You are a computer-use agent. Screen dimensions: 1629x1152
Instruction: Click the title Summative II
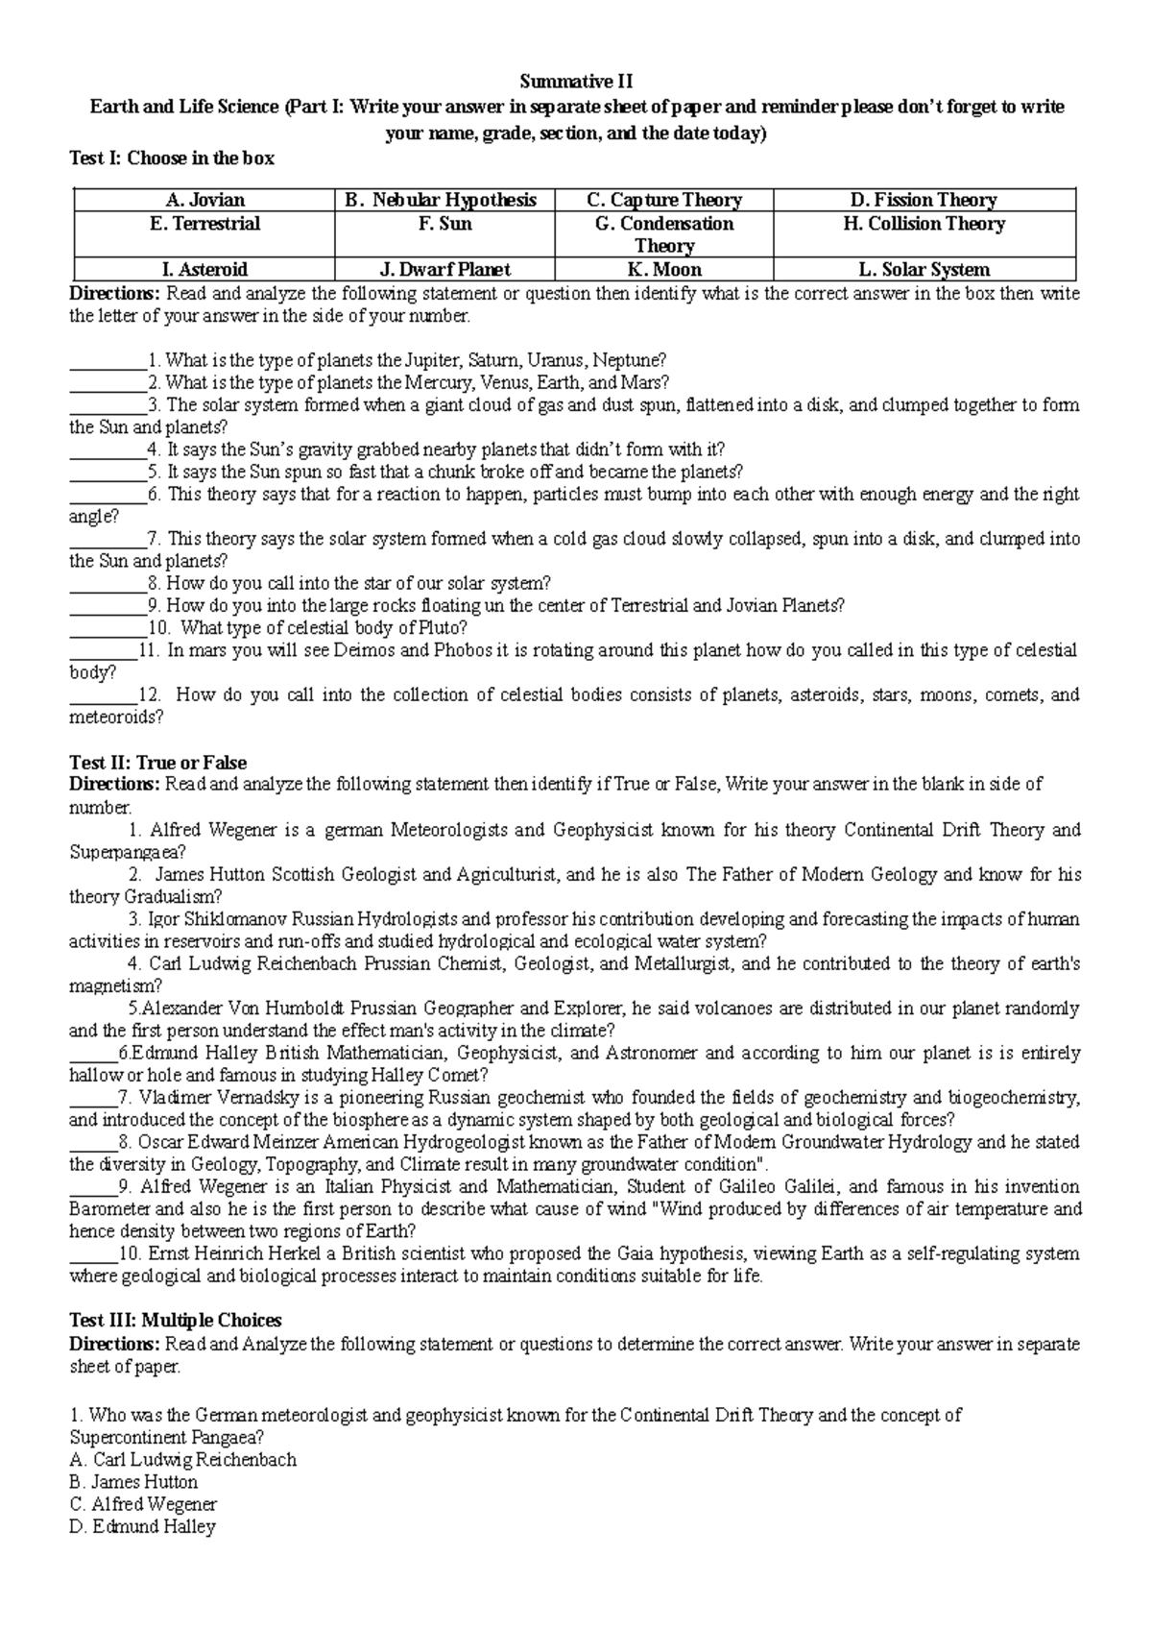[x=576, y=82]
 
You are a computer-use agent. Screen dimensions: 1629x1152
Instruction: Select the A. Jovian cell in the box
[x=205, y=201]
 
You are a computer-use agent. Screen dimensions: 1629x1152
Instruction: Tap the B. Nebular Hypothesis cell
[x=444, y=201]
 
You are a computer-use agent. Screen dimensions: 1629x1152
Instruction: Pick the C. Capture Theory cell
[x=663, y=201]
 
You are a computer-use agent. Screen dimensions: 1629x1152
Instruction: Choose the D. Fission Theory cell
[x=924, y=201]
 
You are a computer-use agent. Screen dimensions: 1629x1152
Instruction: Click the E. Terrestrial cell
[x=205, y=224]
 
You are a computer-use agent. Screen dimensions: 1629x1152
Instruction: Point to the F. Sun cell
[x=444, y=224]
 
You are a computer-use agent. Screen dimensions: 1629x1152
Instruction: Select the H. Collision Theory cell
[x=924, y=224]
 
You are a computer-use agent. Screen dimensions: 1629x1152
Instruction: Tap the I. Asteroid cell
[x=205, y=270]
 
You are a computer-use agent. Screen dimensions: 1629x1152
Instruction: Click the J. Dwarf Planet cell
[x=444, y=270]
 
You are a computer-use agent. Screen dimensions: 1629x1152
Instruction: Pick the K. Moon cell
[x=663, y=270]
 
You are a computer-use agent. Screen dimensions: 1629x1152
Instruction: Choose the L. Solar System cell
[x=924, y=270]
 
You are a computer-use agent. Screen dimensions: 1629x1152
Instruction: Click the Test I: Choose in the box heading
[x=172, y=158]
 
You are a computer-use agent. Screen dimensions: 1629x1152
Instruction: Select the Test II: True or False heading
[x=157, y=763]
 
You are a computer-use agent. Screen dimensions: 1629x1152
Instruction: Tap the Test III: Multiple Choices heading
[x=175, y=1320]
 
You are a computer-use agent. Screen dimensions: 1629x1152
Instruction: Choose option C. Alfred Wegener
[x=144, y=1504]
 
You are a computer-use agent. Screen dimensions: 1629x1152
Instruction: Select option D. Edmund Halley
[x=142, y=1526]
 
